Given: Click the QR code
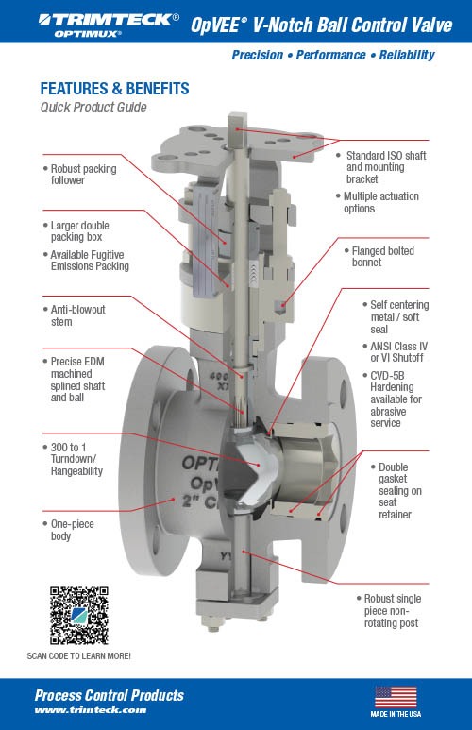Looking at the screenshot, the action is pos(79,616).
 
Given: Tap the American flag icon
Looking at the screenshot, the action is pos(396,697).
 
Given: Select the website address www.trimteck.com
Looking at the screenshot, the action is pos(91,710).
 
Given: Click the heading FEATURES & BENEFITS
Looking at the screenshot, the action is pos(114,89).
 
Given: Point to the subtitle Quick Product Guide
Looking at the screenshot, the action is pos(93,108).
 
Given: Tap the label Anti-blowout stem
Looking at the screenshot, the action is pos(77,315).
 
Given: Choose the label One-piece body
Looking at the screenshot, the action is pos(72,530).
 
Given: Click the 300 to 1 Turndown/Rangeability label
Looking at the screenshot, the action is pos(76,459).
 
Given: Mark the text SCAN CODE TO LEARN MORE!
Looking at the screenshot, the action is pos(78,656).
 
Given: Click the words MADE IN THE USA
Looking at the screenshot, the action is pos(396,714).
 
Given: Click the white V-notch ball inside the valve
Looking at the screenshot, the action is pos(255,470).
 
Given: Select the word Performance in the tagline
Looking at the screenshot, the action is pos(330,55).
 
